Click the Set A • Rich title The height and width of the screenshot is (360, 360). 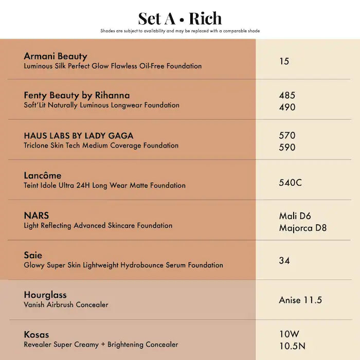tap(180, 19)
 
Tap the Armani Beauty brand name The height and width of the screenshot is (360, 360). tap(56, 56)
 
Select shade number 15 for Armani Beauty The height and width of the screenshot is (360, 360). tap(284, 61)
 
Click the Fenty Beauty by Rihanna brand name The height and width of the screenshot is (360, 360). tap(77, 95)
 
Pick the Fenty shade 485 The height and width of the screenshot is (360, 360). tap(287, 95)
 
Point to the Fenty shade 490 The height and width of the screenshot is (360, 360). tap(287, 107)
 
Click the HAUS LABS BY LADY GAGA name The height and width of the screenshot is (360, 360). tap(79, 136)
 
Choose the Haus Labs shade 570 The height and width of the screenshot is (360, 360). tap(287, 135)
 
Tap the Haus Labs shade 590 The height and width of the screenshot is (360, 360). tap(287, 147)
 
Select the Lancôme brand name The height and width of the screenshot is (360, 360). tap(43, 175)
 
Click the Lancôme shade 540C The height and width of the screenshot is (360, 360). tap(291, 182)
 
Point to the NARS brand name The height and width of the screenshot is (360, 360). tap(37, 215)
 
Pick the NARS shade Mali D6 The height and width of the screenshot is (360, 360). tap(295, 216)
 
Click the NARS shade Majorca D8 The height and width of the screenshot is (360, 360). tap(303, 228)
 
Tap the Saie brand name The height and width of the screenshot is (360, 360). tap(33, 255)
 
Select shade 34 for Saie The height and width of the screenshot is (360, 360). tap(284, 261)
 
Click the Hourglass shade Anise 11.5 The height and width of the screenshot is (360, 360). tap(301, 300)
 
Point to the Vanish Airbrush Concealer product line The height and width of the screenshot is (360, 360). tap(66, 304)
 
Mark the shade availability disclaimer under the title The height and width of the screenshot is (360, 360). tap(180, 31)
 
